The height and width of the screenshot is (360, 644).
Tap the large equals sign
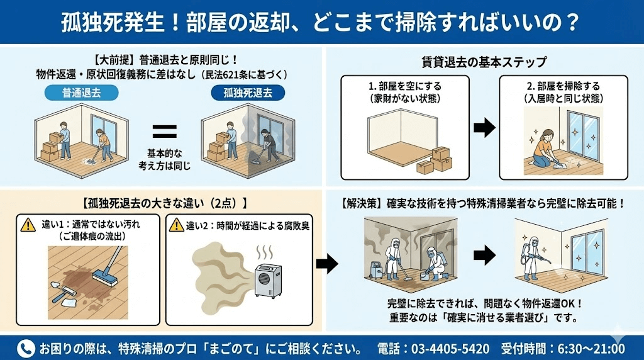pos(164,132)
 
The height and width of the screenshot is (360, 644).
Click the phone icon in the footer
pos(26,348)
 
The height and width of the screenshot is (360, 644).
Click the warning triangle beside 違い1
pos(28,225)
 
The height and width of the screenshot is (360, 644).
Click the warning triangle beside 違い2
pos(177,225)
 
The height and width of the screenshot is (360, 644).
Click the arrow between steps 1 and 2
pos(484,128)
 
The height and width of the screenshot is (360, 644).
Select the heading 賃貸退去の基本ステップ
pos(484,62)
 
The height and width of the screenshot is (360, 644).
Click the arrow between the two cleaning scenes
pos(484,255)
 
